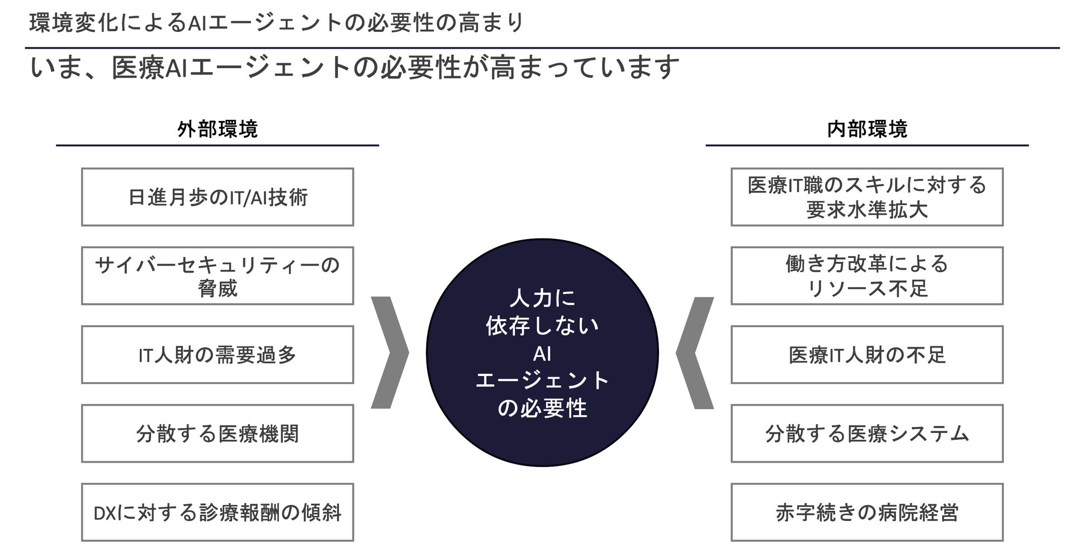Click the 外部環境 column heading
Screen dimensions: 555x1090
[217, 129]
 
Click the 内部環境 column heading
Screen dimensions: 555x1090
[867, 129]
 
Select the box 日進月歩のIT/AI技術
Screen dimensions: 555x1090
[217, 197]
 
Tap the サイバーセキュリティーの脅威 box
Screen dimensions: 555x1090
[217, 276]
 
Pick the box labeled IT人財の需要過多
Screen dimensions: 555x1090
[217, 355]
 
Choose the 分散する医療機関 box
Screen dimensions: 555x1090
[217, 434]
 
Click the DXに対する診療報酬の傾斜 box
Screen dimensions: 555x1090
[217, 512]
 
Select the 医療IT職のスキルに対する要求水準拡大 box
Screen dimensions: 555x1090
[867, 197]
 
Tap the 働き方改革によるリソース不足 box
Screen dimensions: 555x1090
[867, 276]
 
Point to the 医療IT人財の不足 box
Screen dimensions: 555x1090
[867, 355]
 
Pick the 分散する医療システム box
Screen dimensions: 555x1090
[867, 434]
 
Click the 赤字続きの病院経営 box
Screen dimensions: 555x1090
[867, 512]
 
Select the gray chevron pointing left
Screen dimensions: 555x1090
[694, 352]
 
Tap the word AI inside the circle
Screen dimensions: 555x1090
[542, 354]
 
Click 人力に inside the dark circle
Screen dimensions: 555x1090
[542, 298]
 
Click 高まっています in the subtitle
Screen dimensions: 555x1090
[584, 68]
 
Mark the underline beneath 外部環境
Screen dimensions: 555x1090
[217, 145]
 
